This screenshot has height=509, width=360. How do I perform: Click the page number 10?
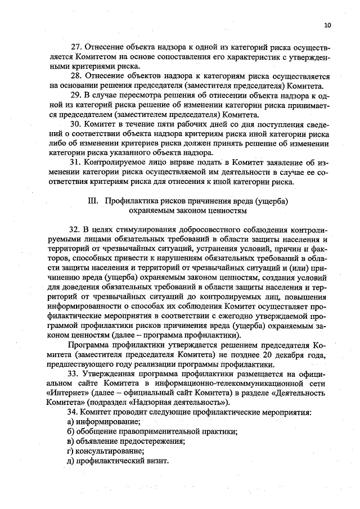(328, 25)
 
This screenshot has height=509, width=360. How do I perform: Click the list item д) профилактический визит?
(118, 460)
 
